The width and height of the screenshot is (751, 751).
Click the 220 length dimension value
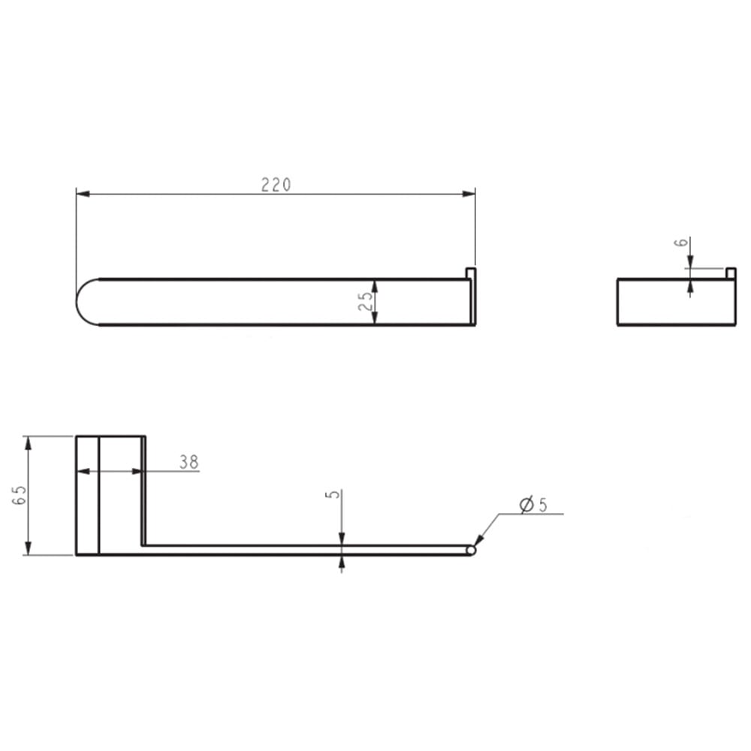pos(276,185)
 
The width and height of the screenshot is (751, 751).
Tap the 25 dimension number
pos(366,301)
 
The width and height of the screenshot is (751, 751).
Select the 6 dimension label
pos(681,243)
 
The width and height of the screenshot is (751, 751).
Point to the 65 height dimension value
pos(20,495)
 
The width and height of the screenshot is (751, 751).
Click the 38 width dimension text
pos(189,462)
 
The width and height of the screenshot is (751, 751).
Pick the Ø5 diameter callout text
pos(533,505)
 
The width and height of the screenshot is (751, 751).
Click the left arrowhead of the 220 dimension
pos(83,194)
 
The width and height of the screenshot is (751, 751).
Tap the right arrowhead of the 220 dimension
pos(469,194)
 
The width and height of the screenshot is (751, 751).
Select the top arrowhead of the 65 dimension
pos(29,443)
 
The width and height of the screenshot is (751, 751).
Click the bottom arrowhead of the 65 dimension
pos(29,548)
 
